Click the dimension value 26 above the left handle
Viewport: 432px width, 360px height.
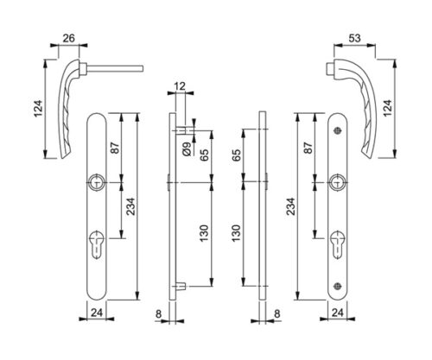point(69,38)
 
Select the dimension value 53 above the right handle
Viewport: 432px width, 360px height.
point(354,38)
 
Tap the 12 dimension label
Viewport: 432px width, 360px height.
point(181,85)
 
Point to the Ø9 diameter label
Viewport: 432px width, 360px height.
point(187,149)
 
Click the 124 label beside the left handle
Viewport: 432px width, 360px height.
point(39,109)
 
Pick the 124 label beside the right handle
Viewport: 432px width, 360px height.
point(388,108)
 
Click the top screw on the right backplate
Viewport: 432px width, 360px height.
point(338,131)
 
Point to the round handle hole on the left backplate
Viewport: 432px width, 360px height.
point(97,182)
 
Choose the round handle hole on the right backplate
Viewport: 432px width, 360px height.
point(338,182)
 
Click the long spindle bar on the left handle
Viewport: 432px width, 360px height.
point(115,68)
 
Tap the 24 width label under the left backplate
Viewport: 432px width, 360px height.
point(97,313)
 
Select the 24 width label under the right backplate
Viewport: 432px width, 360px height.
point(338,313)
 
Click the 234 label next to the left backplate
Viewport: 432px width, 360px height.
point(130,206)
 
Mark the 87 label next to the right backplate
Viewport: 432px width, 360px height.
point(308,148)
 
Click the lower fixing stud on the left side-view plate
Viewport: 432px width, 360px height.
point(181,286)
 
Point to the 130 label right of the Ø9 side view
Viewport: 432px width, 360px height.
point(204,233)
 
